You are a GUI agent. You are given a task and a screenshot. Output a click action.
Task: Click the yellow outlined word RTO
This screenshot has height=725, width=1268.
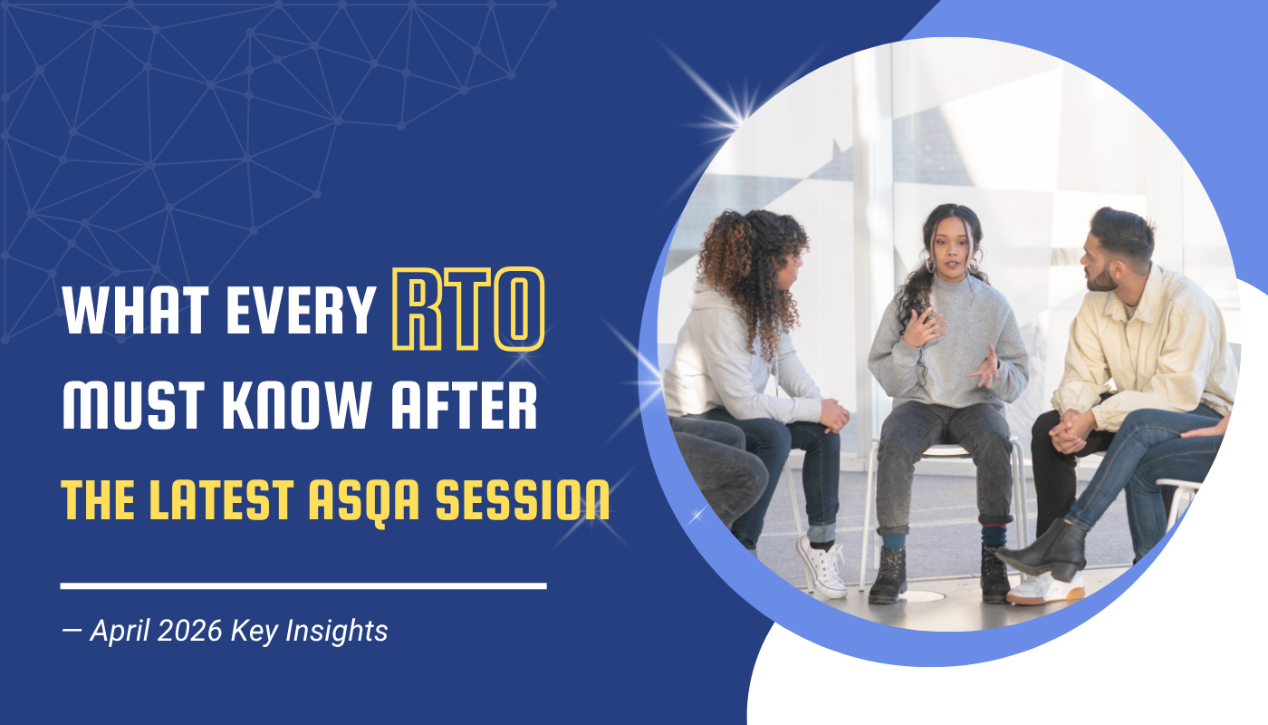469,309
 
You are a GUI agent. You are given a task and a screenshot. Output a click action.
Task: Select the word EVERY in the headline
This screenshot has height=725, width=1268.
301,310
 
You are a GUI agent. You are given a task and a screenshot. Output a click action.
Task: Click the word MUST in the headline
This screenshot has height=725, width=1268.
133,405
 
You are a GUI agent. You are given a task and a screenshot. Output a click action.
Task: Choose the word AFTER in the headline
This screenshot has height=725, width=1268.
464,405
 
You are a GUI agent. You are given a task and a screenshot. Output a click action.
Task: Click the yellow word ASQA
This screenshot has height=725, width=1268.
364,500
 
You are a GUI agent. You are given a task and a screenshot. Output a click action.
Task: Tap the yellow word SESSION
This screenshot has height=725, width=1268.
523,499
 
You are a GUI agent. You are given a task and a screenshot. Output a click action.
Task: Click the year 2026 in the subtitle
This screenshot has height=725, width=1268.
189,631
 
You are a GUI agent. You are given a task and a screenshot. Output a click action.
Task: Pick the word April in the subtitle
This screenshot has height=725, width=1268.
120,632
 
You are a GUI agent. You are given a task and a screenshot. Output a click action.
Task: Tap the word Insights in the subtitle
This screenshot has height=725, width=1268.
337,631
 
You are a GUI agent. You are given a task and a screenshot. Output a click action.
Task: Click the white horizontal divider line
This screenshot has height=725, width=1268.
303,585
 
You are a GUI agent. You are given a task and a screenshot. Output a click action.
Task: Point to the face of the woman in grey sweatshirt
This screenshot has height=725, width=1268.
952,250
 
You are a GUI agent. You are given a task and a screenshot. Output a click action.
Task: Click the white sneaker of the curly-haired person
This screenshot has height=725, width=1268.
823,568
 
